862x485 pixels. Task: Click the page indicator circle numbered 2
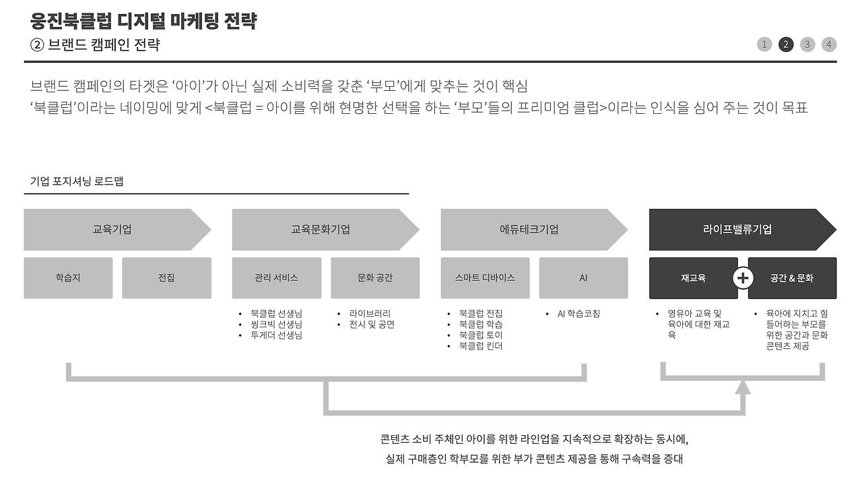(x=786, y=44)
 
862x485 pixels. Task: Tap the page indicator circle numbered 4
(x=829, y=44)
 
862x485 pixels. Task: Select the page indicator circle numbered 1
(x=764, y=44)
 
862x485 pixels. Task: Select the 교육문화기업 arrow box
(x=321, y=230)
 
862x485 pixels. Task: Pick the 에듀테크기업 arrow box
(x=529, y=230)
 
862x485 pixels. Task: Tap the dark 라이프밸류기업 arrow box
(x=737, y=230)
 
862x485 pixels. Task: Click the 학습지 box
(x=68, y=278)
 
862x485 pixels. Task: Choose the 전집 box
(x=166, y=278)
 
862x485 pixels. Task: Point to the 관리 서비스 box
(x=276, y=278)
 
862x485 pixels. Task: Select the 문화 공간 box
(x=375, y=278)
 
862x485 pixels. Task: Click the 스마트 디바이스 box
(x=485, y=278)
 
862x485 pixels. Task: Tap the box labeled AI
(x=584, y=278)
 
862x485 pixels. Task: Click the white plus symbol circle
(x=743, y=278)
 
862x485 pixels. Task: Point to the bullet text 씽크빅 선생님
(x=276, y=325)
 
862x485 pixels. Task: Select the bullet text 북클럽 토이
(x=481, y=335)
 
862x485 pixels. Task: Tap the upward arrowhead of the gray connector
(x=743, y=387)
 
